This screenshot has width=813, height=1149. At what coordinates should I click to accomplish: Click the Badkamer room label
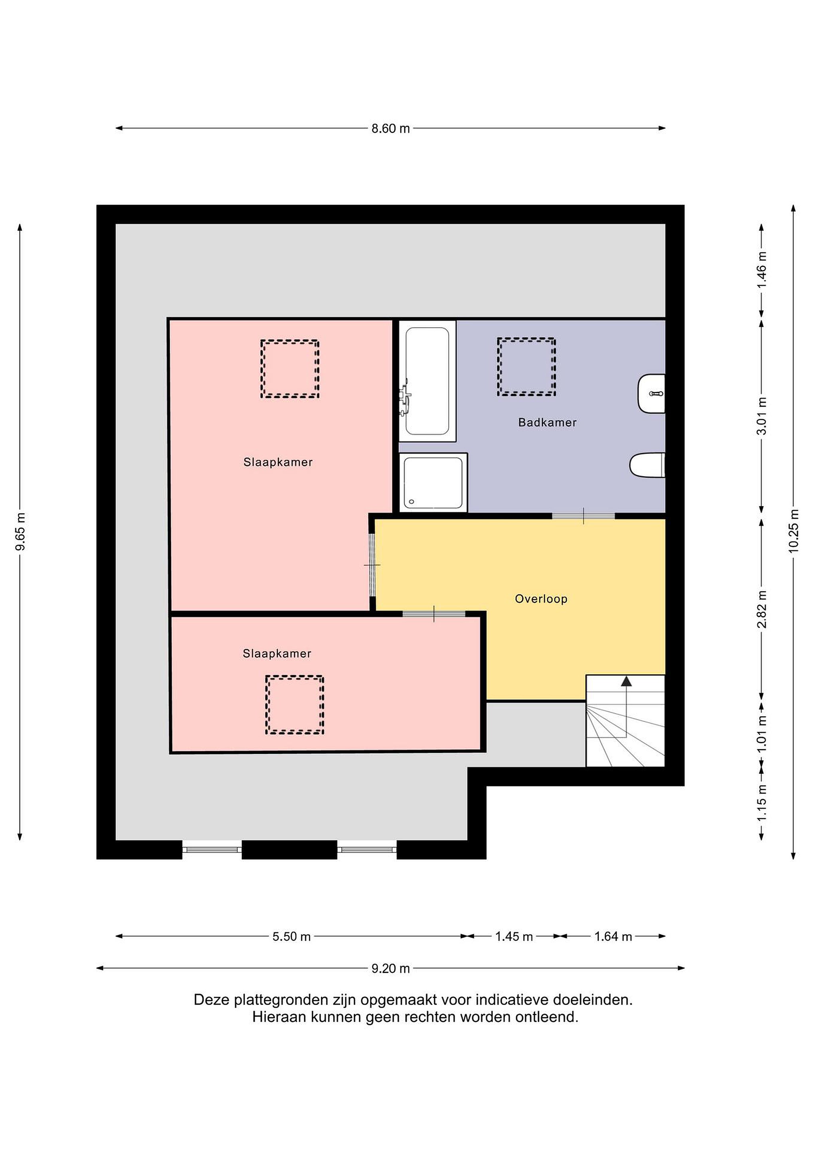(547, 422)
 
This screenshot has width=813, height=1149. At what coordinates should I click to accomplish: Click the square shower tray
(433, 483)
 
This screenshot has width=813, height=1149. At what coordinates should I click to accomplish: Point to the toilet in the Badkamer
(647, 465)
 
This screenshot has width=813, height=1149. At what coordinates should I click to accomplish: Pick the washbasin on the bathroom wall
(651, 394)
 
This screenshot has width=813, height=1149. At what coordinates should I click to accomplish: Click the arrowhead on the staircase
(626, 681)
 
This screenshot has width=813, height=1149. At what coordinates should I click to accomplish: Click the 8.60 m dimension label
(390, 128)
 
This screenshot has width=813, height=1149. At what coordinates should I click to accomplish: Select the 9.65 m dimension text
(20, 531)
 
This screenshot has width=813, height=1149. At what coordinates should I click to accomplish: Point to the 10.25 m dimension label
(793, 531)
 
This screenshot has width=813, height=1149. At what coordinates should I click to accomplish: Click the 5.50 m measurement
(291, 936)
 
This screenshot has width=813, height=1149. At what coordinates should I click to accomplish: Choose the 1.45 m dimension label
(514, 936)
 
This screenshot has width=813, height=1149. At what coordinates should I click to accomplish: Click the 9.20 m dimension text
(390, 969)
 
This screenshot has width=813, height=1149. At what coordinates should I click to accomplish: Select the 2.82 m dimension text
(762, 609)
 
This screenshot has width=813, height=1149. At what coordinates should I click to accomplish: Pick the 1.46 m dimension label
(762, 270)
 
